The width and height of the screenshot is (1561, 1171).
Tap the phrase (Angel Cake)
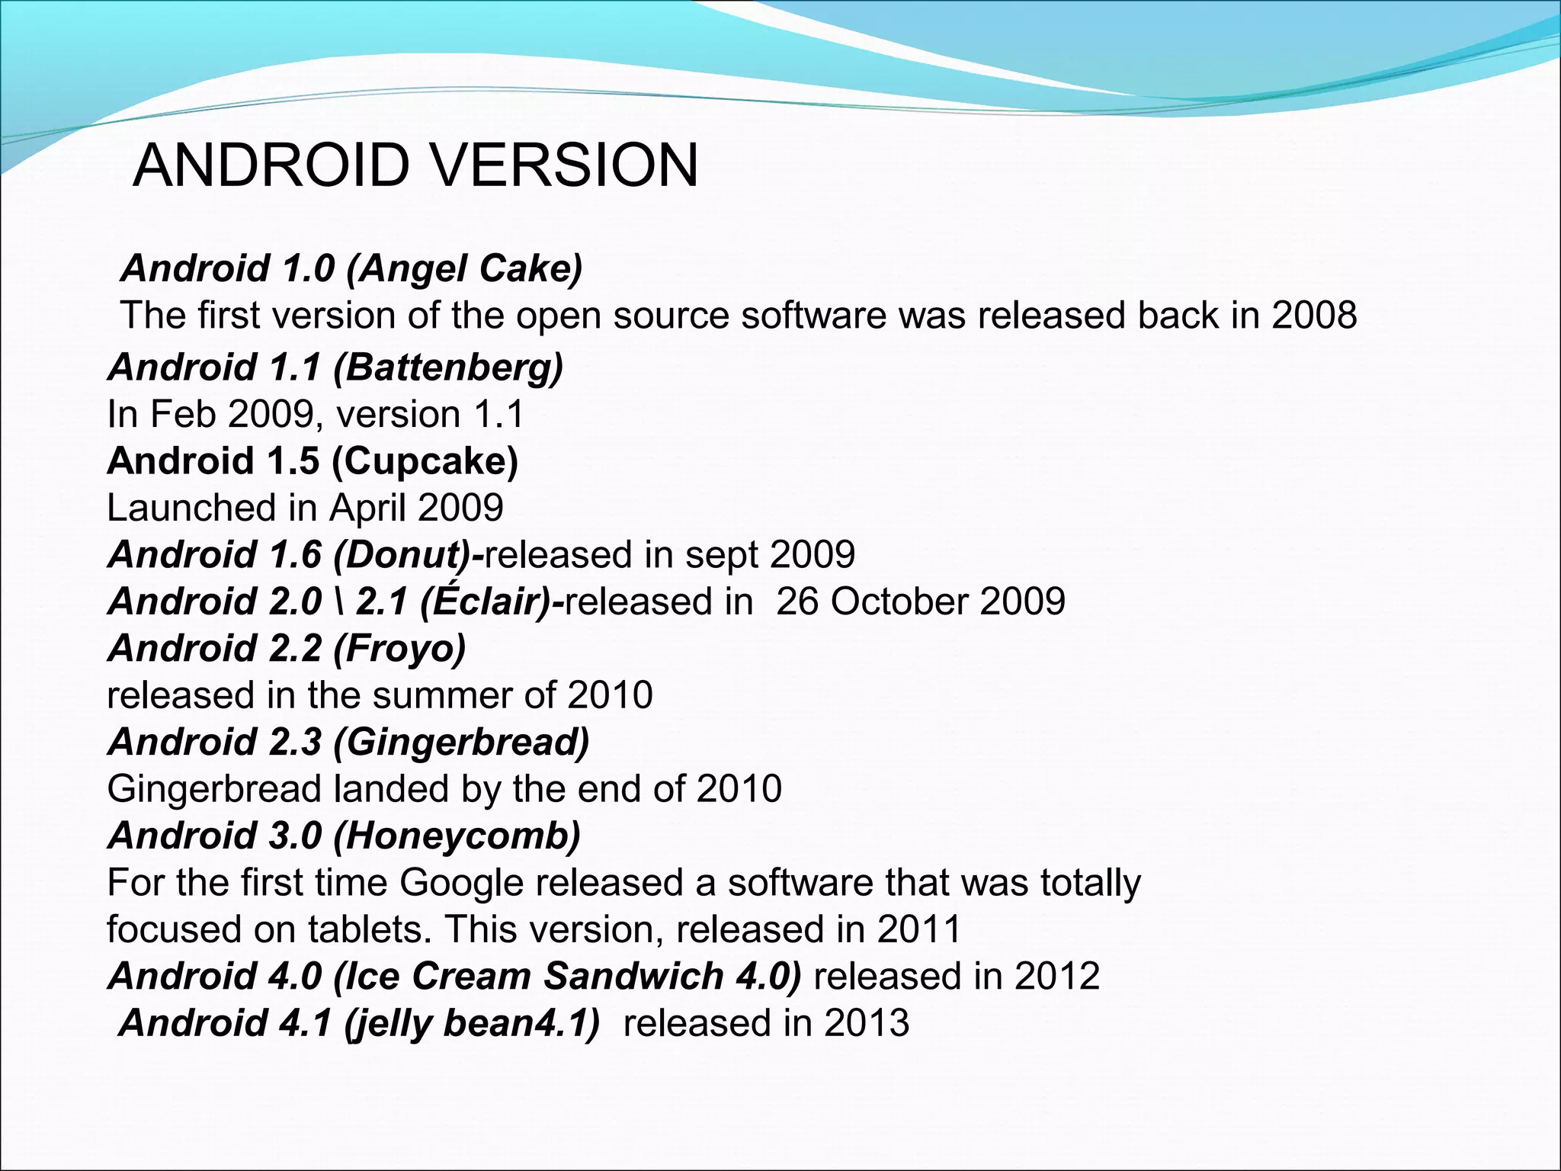point(464,268)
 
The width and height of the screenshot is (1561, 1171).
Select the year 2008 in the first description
point(1314,315)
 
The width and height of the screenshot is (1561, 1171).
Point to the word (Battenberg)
point(448,367)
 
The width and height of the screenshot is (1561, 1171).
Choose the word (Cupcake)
point(425,461)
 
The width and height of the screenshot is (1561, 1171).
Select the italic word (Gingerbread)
point(461,743)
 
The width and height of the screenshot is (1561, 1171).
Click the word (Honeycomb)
point(457,836)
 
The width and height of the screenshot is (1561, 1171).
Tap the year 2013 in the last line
point(867,1023)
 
